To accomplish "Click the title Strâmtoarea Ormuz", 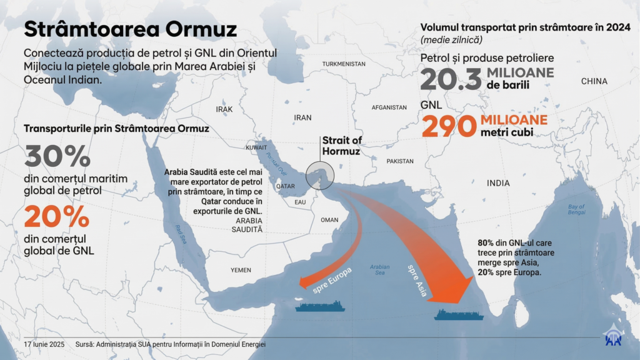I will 131,29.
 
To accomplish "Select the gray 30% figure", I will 57,156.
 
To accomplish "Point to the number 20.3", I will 451,79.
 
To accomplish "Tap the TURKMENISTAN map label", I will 344,64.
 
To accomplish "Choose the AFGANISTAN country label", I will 389,107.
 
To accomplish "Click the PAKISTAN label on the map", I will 400,161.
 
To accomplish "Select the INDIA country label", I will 498,183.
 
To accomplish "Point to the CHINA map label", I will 594,81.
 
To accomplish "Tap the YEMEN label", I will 241,269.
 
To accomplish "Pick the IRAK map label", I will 224,109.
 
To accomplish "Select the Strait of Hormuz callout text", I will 342,146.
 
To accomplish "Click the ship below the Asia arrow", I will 459,314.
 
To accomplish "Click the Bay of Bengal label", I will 576,209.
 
